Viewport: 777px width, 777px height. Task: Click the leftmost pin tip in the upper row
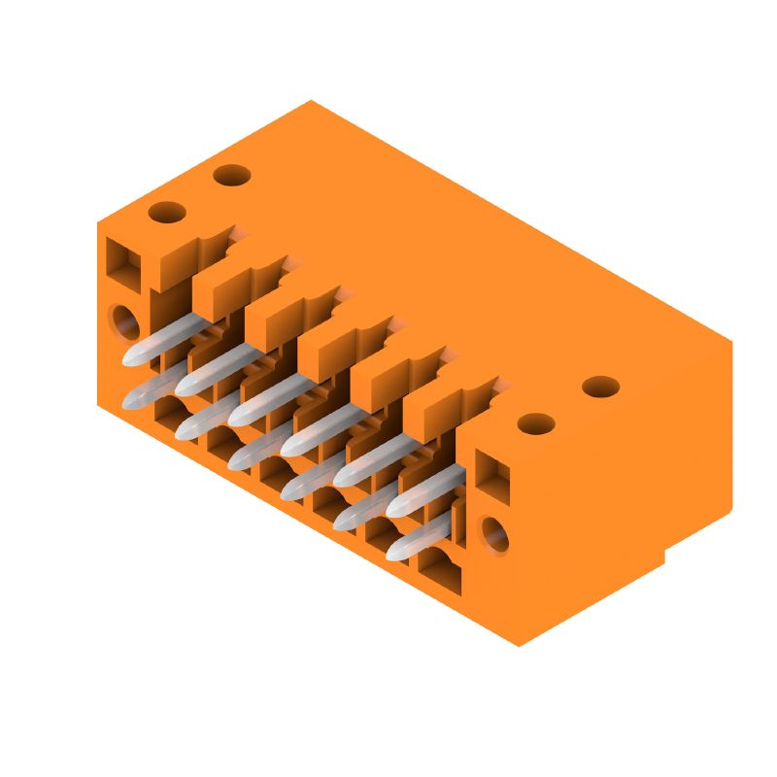pyautogui.click(x=131, y=356)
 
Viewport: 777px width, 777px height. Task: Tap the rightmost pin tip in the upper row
pyautogui.click(x=396, y=508)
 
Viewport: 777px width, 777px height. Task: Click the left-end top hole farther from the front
pyautogui.click(x=231, y=176)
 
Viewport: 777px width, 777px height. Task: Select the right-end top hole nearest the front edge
pyautogui.click(x=535, y=423)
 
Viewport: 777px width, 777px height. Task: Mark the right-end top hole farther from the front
pyautogui.click(x=600, y=387)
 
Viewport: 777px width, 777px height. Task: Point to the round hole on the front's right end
pyautogui.click(x=495, y=534)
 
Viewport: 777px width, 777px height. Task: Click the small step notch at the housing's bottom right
pyautogui.click(x=665, y=557)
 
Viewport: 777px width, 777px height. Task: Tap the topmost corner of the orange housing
pyautogui.click(x=311, y=100)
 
